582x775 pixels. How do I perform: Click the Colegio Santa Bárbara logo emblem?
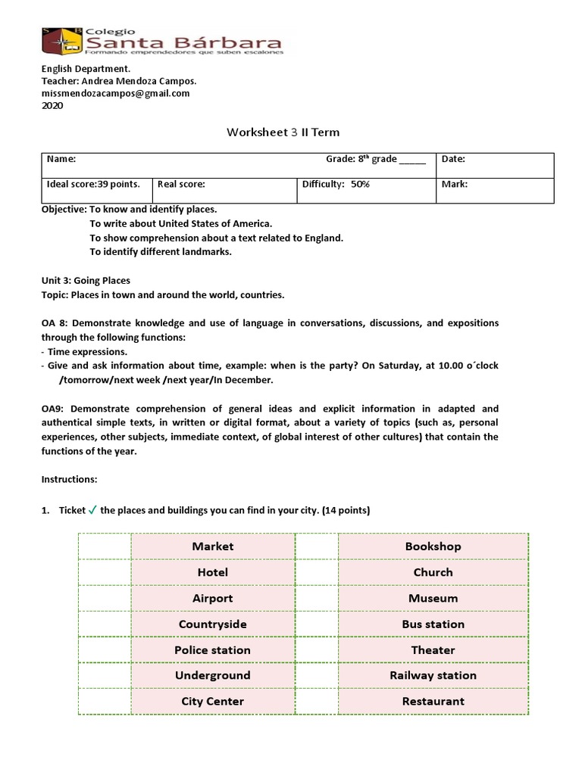pyautogui.click(x=61, y=41)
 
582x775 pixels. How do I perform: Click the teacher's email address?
pyautogui.click(x=115, y=93)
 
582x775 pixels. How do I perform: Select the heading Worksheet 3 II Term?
pyautogui.click(x=283, y=132)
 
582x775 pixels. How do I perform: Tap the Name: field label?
pyautogui.click(x=61, y=159)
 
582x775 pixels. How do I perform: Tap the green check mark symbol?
pyautogui.click(x=92, y=510)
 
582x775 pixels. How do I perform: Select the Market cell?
pyautogui.click(x=213, y=546)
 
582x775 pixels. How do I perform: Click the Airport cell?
pyautogui.click(x=213, y=598)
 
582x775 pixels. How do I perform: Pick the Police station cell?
pyautogui.click(x=213, y=649)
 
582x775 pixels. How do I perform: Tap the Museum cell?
pyautogui.click(x=433, y=598)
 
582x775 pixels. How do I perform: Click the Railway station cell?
pyautogui.click(x=433, y=675)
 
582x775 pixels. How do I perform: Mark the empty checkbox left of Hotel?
pyautogui.click(x=105, y=572)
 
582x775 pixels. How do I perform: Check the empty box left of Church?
pyautogui.click(x=316, y=572)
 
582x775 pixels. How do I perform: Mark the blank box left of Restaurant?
pyautogui.click(x=316, y=701)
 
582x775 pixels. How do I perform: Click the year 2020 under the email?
pyautogui.click(x=52, y=106)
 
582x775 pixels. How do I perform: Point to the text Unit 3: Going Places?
pyautogui.click(x=86, y=280)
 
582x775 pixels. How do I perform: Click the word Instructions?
pyautogui.click(x=69, y=480)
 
